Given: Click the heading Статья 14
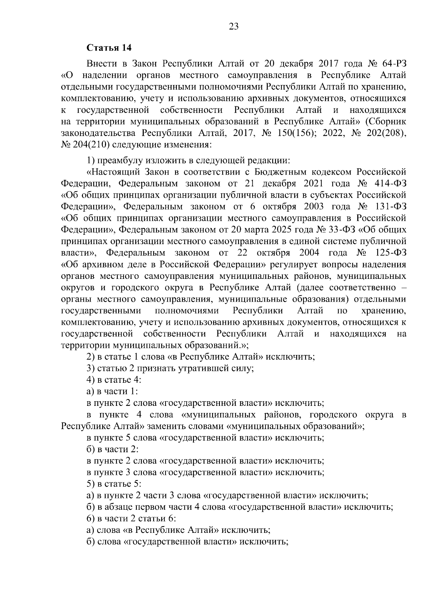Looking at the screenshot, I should [x=109, y=48].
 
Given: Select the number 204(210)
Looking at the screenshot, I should [x=91, y=145].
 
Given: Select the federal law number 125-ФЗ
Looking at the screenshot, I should [x=390, y=253].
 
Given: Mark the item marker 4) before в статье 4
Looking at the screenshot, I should [x=91, y=380].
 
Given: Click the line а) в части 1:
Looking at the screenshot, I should [x=112, y=392].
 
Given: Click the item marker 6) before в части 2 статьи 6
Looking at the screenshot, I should [x=91, y=519].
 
